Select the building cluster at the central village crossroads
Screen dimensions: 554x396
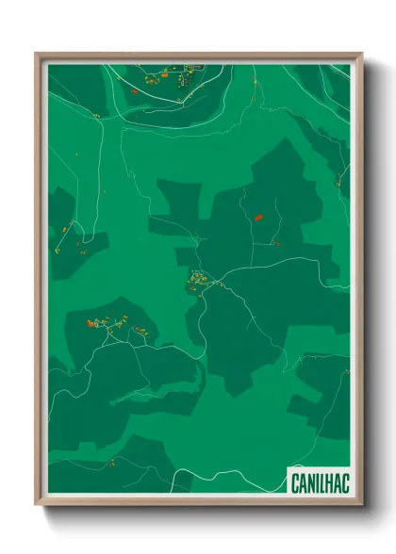[199, 280]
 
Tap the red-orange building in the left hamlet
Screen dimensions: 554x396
[92, 323]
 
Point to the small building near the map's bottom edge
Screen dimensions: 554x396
[112, 462]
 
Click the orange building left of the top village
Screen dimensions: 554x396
[135, 91]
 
